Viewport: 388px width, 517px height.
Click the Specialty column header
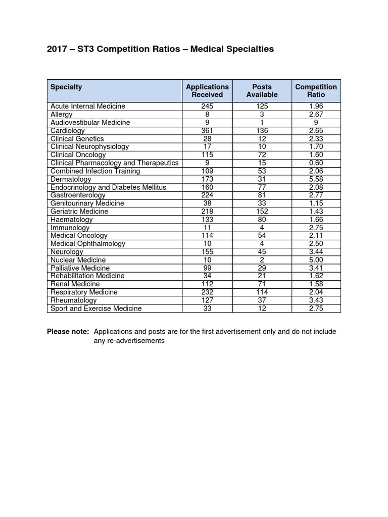click(x=66, y=87)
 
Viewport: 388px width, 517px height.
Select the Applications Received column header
click(x=207, y=90)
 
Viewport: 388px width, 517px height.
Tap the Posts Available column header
click(x=262, y=90)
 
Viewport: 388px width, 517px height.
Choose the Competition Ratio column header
click(x=316, y=90)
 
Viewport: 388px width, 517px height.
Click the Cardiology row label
click(x=68, y=131)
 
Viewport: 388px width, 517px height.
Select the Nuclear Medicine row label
click(x=78, y=260)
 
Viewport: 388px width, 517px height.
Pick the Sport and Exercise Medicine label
click(x=96, y=308)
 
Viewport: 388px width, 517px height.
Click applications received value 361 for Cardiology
click(x=207, y=131)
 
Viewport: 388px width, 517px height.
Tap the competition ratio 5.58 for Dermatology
click(x=316, y=179)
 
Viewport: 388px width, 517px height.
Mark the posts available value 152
click(x=262, y=212)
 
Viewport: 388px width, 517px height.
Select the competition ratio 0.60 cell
click(x=316, y=163)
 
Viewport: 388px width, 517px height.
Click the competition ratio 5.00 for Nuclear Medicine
click(x=316, y=260)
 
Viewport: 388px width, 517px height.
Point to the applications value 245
click(x=207, y=107)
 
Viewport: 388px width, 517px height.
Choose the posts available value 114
click(x=262, y=292)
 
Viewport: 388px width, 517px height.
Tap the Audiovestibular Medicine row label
click(x=90, y=123)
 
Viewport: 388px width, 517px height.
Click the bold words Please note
click(x=68, y=332)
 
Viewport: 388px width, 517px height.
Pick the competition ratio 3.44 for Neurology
click(x=316, y=252)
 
